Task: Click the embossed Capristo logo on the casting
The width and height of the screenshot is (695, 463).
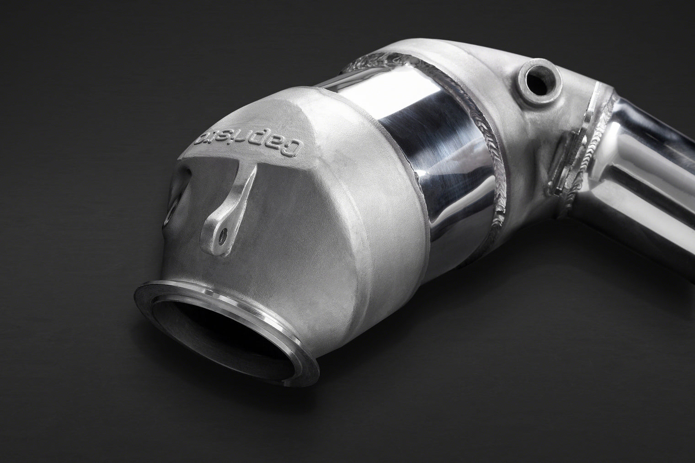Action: coord(250,140)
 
